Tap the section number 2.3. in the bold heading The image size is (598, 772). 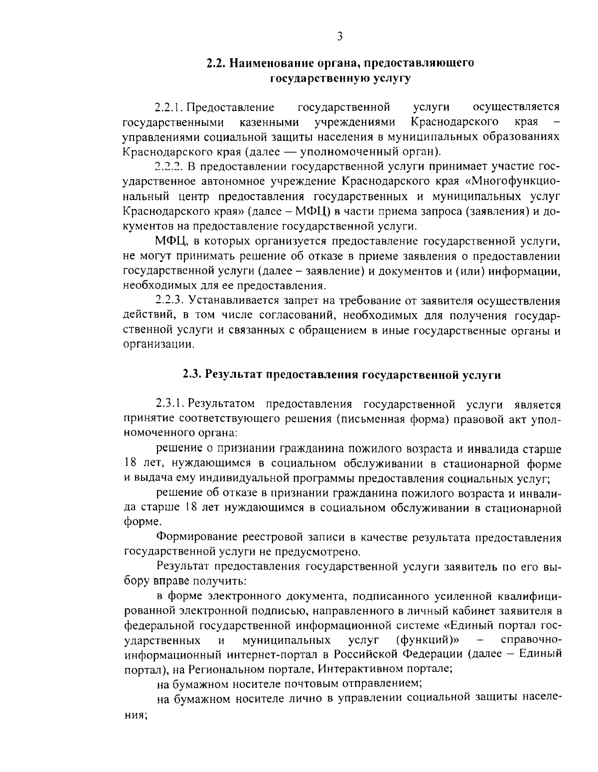[192, 374]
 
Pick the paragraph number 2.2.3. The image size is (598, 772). [170, 301]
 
